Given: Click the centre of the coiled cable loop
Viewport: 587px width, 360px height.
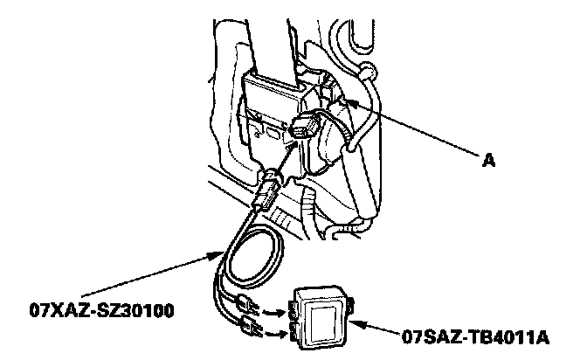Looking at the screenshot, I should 252,253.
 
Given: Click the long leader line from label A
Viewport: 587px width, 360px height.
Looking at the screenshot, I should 419,130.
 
